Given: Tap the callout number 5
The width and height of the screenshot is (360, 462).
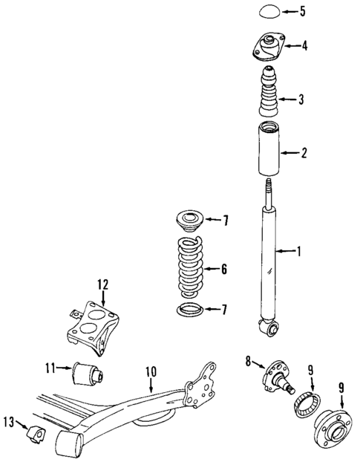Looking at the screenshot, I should (x=302, y=11).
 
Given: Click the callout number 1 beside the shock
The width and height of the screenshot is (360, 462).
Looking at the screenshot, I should (x=299, y=252).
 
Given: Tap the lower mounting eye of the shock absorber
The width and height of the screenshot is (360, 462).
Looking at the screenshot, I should (x=268, y=325).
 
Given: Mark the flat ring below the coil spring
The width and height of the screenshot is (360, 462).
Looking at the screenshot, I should (x=189, y=310).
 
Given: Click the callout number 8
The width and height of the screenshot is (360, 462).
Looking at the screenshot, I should (x=248, y=362).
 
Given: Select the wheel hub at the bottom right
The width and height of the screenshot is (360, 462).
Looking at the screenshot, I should (x=332, y=433).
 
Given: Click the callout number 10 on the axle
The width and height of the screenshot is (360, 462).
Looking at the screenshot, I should (x=150, y=369).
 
